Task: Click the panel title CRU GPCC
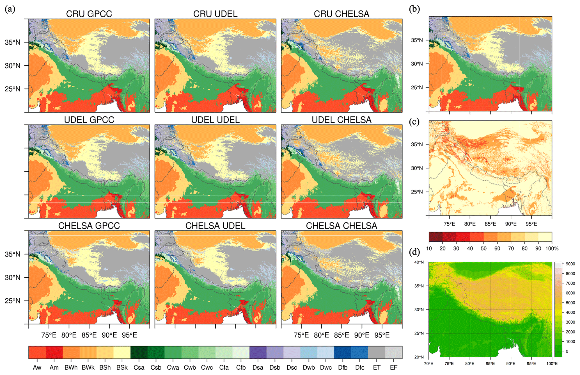click(89, 14)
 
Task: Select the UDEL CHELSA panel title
click(341, 120)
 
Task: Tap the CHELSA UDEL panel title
click(215, 226)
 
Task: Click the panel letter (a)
click(10, 9)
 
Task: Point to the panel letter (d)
click(414, 252)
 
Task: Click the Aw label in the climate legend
click(37, 368)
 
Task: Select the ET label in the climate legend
click(377, 368)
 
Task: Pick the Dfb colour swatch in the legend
click(343, 353)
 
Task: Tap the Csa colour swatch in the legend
click(139, 353)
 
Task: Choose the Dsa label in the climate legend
click(258, 368)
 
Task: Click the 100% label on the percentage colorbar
click(552, 249)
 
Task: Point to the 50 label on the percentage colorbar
click(483, 249)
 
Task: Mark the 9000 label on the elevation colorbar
click(570, 264)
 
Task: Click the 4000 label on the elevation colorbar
click(570, 312)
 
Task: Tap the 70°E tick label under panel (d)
click(429, 363)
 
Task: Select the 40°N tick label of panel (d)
click(419, 262)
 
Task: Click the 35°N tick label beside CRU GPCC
click(13, 42)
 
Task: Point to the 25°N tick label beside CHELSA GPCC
click(13, 301)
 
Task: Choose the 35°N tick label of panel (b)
click(417, 40)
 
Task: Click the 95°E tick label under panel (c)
click(531, 224)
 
